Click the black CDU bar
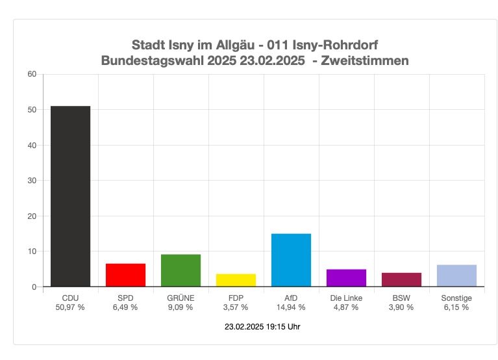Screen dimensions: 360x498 point(70,196)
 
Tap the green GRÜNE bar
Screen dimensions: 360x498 point(181,270)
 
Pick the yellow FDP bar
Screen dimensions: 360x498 point(236,280)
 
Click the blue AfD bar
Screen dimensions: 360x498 point(291,260)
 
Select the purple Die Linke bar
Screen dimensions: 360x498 point(346,278)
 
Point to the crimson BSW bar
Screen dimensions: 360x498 point(401,279)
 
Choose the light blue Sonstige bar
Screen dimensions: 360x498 point(456,276)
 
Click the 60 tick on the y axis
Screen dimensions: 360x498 point(32,74)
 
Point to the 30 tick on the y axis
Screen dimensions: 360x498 point(32,181)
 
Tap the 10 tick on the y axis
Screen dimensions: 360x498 point(32,251)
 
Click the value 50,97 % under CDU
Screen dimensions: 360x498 point(70,307)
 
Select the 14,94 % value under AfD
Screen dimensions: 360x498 point(291,307)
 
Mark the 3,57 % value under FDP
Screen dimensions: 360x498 point(236,307)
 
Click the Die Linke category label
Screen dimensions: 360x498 point(346,298)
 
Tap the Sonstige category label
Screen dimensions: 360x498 point(456,298)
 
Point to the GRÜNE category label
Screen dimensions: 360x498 point(181,298)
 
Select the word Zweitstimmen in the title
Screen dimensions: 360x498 point(370,61)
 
